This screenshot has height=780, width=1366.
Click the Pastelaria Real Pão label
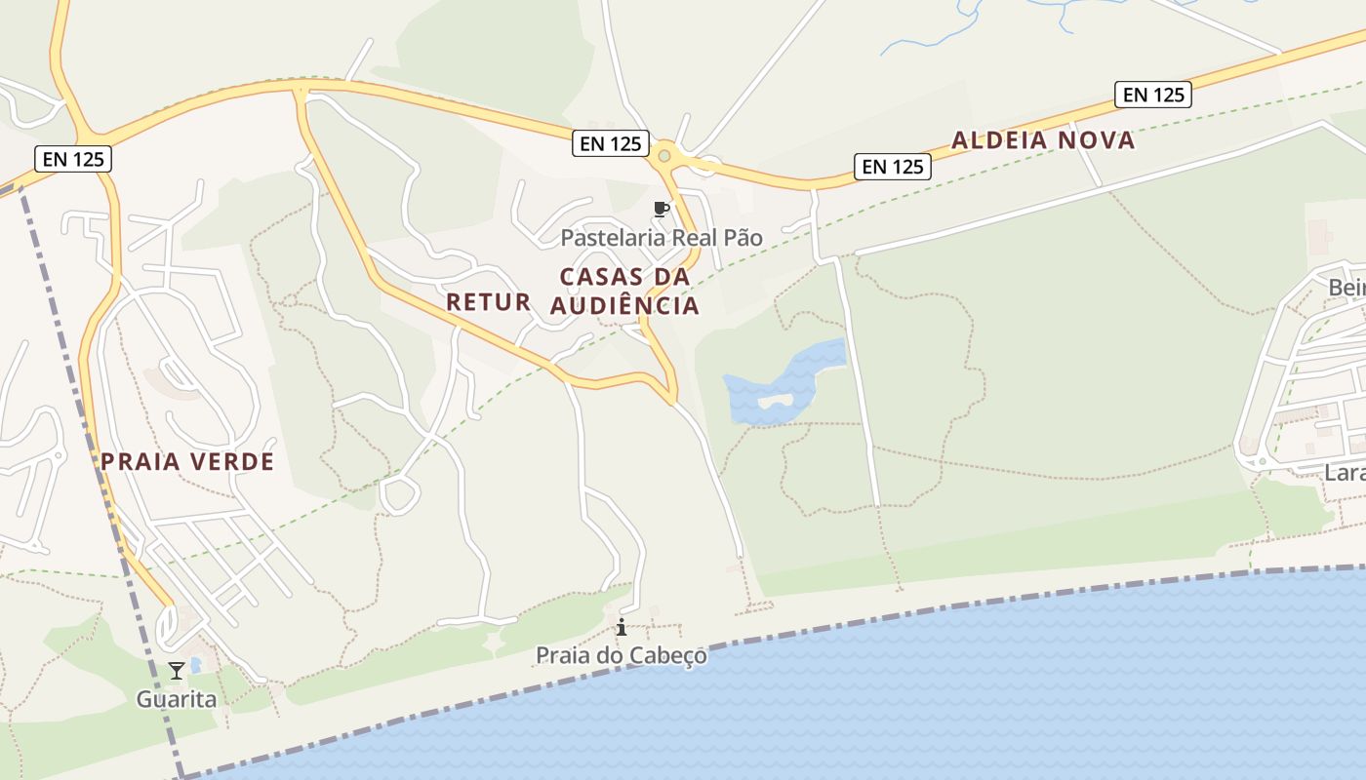(x=661, y=238)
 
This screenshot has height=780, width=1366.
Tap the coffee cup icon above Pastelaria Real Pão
(x=662, y=209)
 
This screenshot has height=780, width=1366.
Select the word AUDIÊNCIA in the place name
(x=624, y=306)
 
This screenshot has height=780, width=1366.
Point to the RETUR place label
(x=489, y=302)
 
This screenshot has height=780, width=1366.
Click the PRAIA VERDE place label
(x=187, y=462)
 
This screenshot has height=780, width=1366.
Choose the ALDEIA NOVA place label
(x=1043, y=140)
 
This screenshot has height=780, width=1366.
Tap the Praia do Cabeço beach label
(x=621, y=655)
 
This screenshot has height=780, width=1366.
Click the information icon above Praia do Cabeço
(x=621, y=627)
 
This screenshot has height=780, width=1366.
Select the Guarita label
(x=176, y=699)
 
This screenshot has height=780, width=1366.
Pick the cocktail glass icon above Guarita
(x=176, y=670)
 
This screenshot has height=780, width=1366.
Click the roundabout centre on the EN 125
(x=664, y=156)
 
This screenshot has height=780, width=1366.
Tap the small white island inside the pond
(x=778, y=399)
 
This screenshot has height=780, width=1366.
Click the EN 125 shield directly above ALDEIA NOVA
(x=1153, y=95)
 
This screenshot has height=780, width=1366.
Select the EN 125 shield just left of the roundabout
(x=611, y=144)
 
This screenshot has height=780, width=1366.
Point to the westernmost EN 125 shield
(x=73, y=159)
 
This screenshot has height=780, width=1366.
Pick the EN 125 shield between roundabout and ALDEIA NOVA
(x=893, y=167)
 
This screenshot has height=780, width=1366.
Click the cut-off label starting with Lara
(x=1345, y=473)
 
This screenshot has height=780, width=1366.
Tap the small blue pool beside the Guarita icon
(x=196, y=665)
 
